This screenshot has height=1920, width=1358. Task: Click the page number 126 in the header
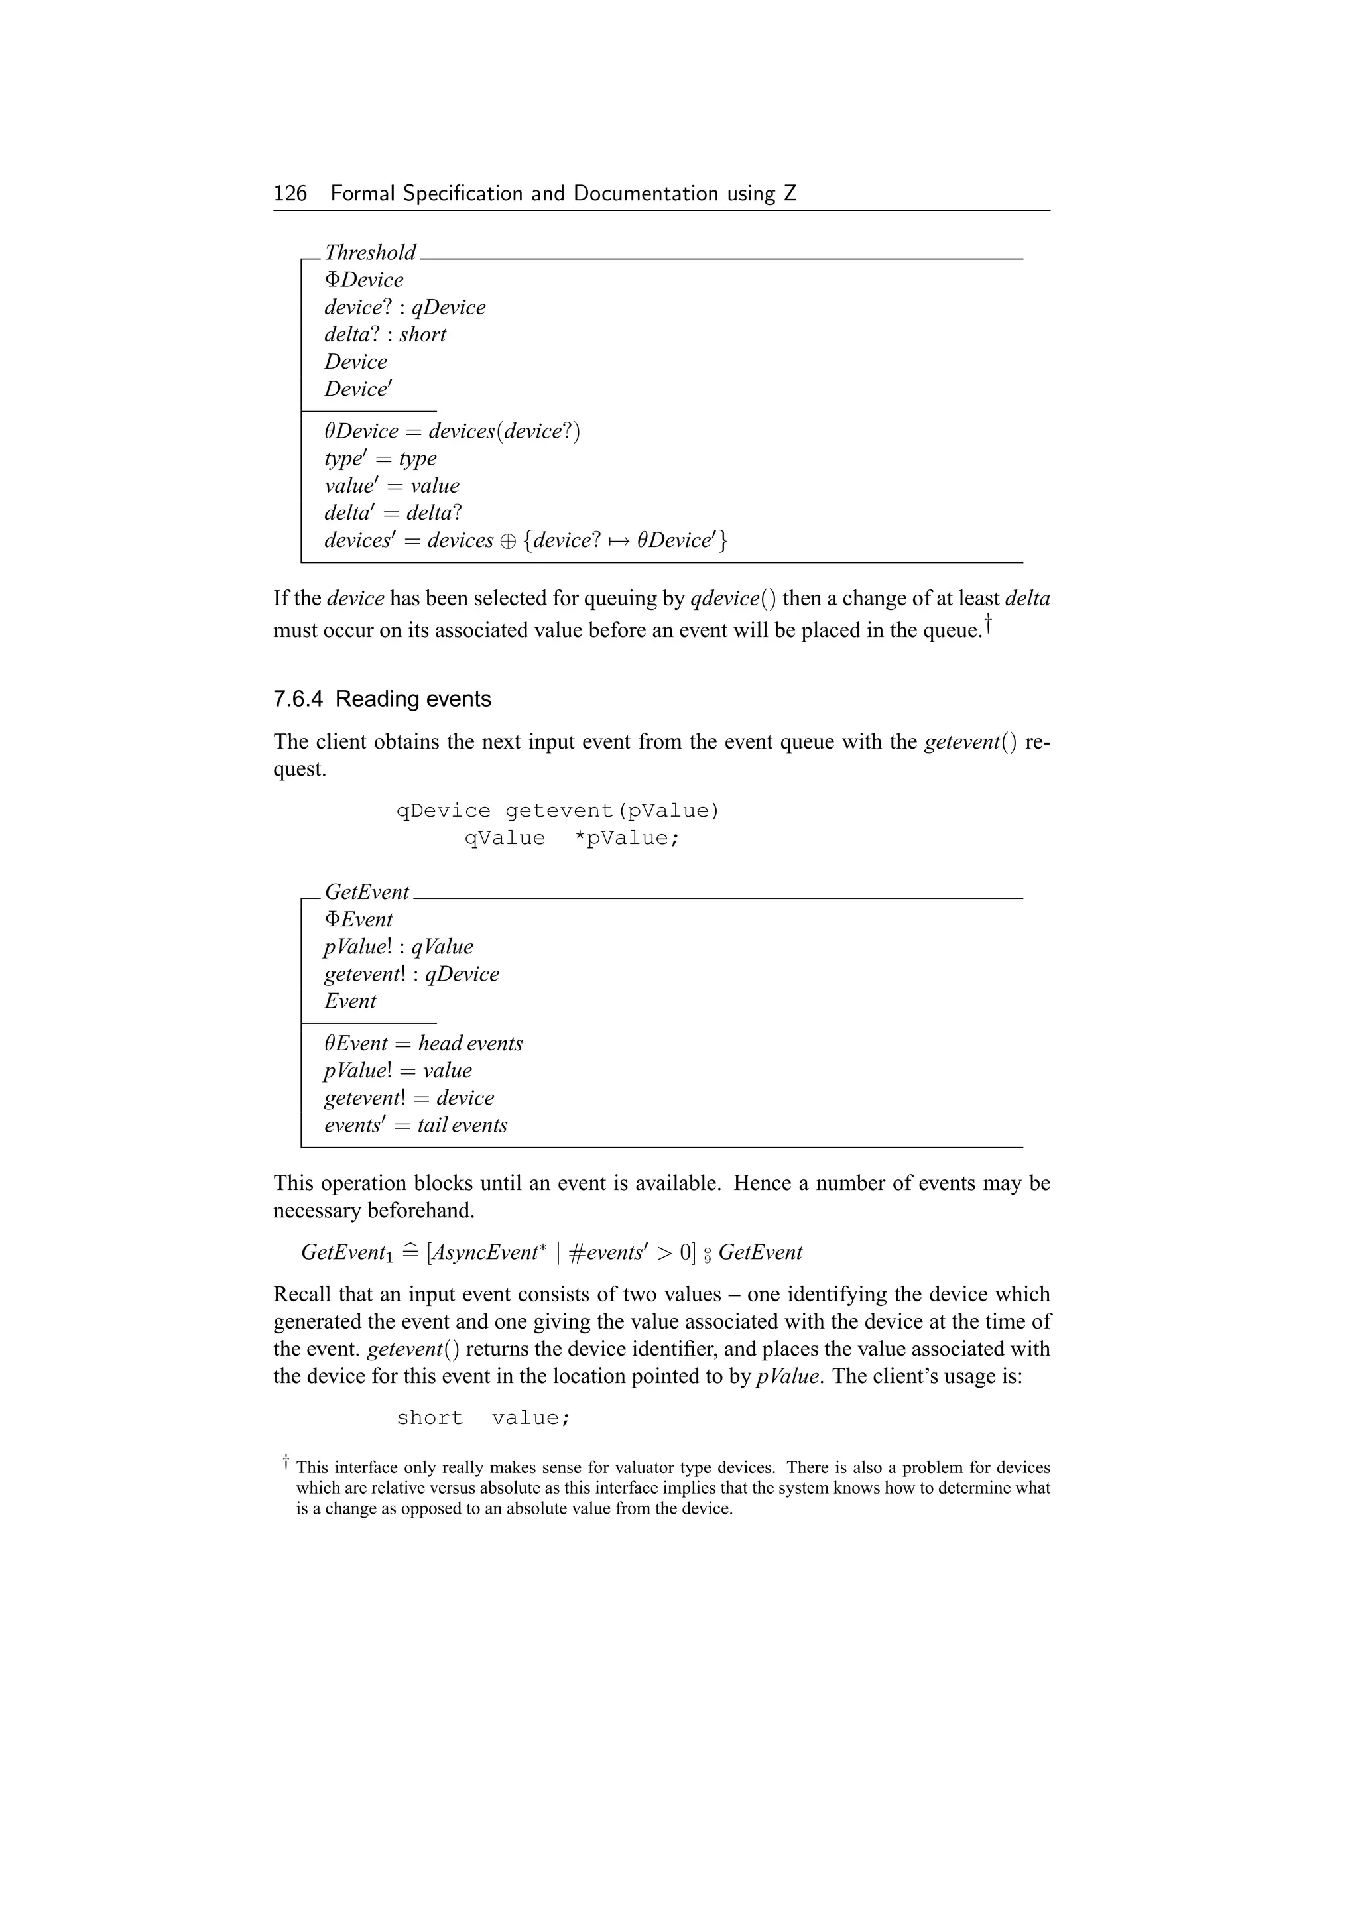point(290,194)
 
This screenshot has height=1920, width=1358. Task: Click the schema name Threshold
point(369,253)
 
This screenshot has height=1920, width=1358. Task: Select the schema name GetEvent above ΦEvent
point(366,892)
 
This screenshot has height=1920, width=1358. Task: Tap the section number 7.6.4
point(298,699)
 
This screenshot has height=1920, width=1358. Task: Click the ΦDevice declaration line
point(364,280)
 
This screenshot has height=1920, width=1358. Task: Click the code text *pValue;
point(627,839)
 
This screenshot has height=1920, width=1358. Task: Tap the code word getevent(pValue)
point(612,811)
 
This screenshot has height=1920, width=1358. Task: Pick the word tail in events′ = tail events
point(432,1126)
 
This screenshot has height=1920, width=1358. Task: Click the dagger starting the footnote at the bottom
point(285,1462)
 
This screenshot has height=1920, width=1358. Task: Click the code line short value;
point(483,1418)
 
